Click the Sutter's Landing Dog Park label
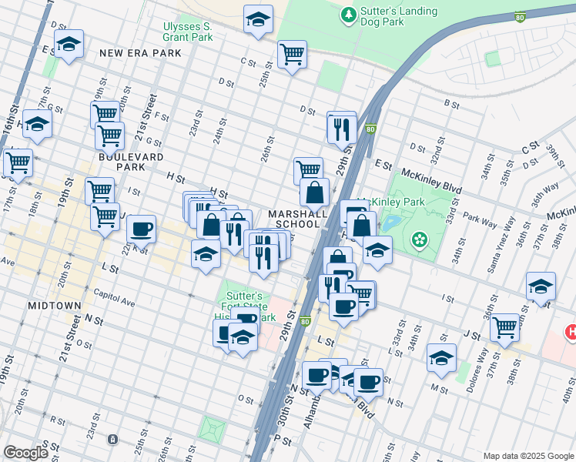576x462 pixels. point(398,16)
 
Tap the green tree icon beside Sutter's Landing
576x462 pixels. point(349,14)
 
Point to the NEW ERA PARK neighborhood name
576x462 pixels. point(141,53)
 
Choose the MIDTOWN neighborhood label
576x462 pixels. point(54,306)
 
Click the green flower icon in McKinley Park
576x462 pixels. point(419,240)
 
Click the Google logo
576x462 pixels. point(25,453)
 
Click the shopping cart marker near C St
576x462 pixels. point(292,54)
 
